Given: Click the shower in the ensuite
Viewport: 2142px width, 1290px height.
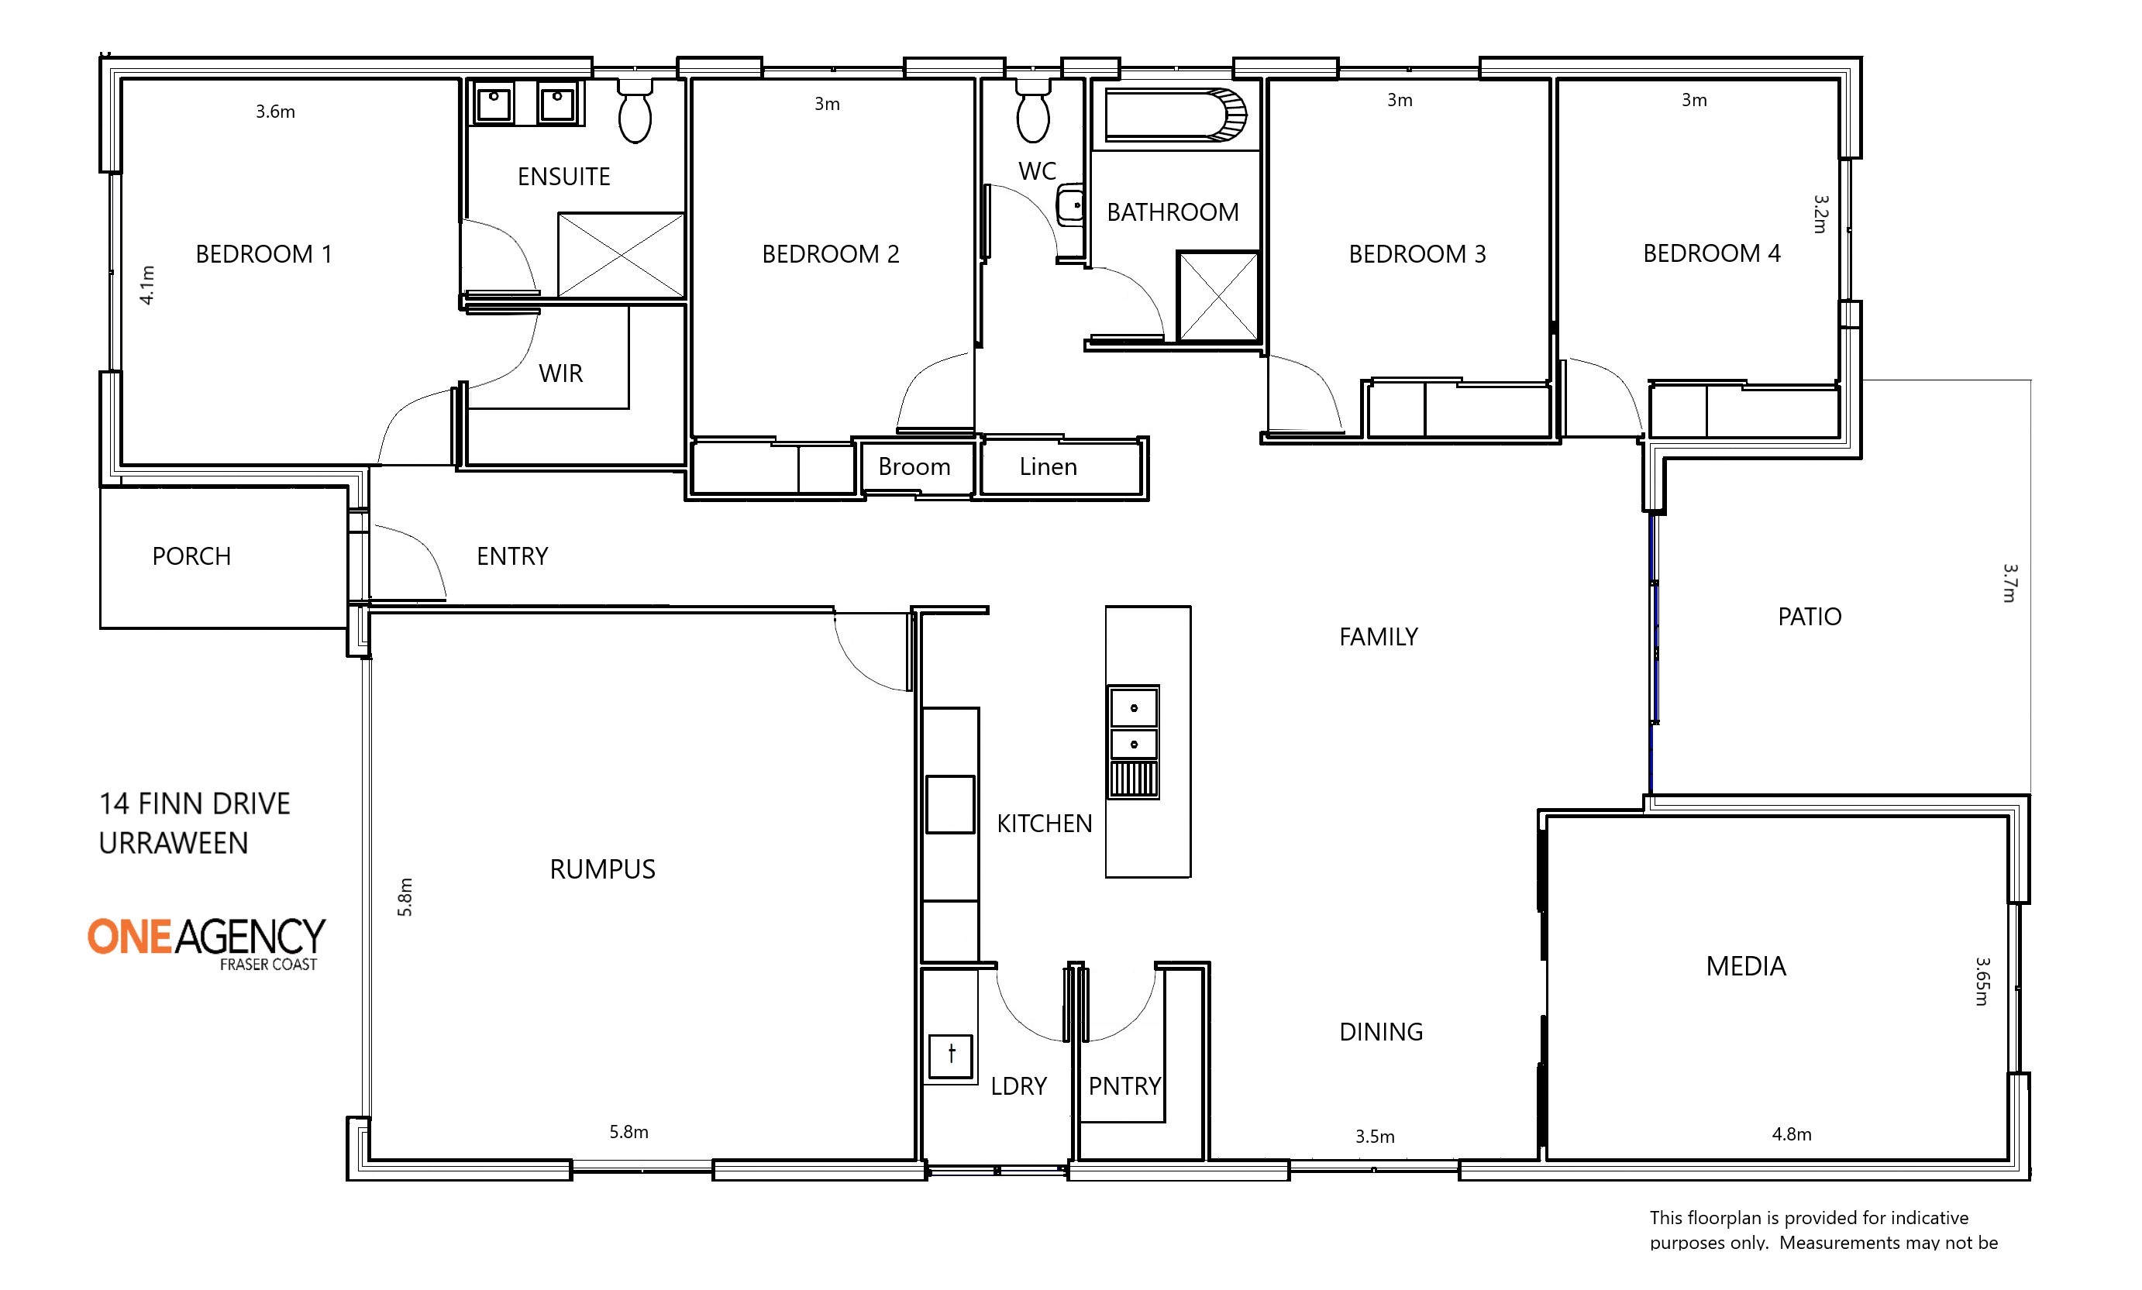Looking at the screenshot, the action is tap(621, 255).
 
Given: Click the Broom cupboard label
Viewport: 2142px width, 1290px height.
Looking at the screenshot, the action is tap(914, 466).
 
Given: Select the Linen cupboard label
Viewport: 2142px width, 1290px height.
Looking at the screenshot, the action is tap(1048, 466).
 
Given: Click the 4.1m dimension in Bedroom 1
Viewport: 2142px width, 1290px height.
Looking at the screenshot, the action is tap(148, 285).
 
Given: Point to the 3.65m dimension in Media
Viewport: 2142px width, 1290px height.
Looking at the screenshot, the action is tap(1982, 982).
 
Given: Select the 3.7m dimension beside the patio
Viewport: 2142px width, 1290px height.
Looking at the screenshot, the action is tap(2009, 583).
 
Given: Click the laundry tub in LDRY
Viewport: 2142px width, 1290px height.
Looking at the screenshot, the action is tap(950, 1055).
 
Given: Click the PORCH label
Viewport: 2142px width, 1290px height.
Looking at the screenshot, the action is tap(191, 556).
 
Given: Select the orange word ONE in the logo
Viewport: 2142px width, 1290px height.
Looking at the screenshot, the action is tap(129, 937).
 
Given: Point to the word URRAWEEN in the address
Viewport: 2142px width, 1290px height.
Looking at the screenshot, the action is tap(173, 843).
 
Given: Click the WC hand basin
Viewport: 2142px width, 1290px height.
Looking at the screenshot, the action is tap(1070, 206).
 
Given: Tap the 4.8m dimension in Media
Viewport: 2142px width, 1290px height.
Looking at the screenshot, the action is tap(1792, 1133).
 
